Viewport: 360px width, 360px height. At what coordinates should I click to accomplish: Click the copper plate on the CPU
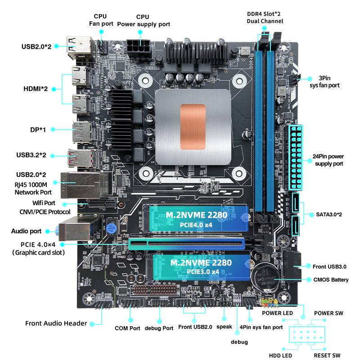click(x=193, y=127)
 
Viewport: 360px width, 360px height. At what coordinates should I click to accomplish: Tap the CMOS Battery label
click(x=331, y=279)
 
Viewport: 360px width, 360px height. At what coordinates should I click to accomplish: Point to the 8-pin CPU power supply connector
click(x=139, y=49)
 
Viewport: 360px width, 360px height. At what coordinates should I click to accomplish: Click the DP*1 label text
click(x=38, y=130)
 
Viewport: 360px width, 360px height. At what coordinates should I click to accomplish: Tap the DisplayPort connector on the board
click(x=82, y=133)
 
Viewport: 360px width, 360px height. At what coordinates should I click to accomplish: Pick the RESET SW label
click(x=327, y=355)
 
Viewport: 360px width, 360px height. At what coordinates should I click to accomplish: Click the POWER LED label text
click(x=277, y=313)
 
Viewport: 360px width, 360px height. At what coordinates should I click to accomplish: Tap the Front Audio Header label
click(x=56, y=323)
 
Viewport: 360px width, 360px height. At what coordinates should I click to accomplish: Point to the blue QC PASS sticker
click(x=112, y=229)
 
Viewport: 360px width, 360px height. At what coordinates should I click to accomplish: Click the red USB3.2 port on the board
click(x=82, y=158)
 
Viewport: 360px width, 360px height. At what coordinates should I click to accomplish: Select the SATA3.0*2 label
click(x=329, y=215)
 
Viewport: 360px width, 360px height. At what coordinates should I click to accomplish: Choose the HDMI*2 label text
click(x=36, y=89)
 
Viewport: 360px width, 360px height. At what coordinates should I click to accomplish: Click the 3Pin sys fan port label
click(x=324, y=82)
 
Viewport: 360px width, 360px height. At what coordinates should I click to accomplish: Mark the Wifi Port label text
click(x=44, y=203)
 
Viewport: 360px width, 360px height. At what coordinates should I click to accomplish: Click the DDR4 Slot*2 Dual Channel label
click(x=265, y=18)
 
